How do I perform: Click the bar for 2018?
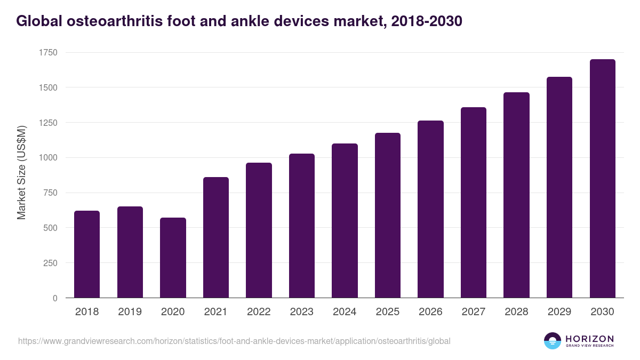click(87, 254)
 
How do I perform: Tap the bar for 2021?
click(215, 237)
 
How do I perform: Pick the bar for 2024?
click(345, 221)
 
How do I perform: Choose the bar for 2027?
click(474, 203)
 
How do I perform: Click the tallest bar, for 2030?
click(602, 179)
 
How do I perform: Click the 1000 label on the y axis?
click(48, 158)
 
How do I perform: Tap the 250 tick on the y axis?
click(51, 263)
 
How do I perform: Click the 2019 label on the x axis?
click(130, 312)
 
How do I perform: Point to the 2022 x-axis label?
click(259, 312)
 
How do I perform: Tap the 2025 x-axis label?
click(387, 312)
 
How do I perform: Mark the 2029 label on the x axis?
click(559, 312)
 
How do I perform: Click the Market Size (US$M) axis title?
click(21, 173)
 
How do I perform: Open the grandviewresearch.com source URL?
click(234, 341)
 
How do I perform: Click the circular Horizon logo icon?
click(552, 341)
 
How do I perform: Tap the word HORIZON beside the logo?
click(589, 338)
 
